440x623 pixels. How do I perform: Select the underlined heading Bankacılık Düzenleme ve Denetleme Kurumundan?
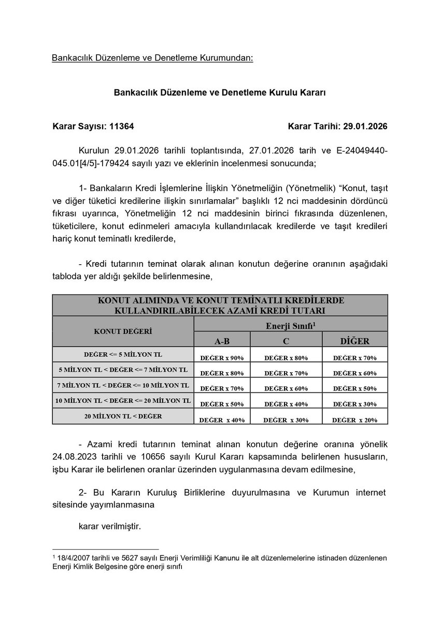click(152, 57)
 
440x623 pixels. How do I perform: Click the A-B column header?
click(222, 341)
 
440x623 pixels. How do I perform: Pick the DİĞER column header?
click(354, 341)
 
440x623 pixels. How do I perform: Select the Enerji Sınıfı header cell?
click(290, 324)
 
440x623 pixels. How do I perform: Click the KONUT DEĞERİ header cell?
click(123, 331)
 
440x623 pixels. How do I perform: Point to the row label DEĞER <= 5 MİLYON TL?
click(123, 354)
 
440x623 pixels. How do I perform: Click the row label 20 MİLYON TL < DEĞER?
click(123, 416)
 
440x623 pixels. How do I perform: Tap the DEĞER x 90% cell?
click(222, 358)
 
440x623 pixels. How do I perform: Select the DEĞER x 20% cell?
click(354, 420)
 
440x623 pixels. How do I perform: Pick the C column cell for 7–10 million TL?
click(286, 388)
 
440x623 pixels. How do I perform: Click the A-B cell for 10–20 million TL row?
click(222, 404)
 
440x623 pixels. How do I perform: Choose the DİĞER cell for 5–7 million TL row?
click(354, 373)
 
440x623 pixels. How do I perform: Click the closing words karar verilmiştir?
click(109, 526)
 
